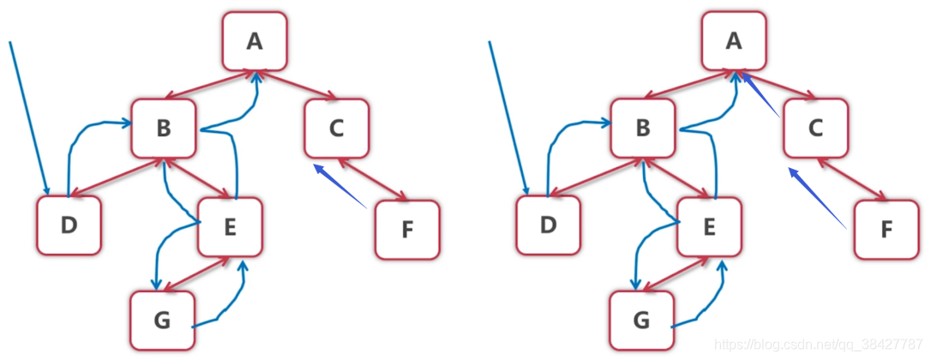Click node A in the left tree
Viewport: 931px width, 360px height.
point(254,41)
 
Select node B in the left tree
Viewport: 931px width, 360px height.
point(164,129)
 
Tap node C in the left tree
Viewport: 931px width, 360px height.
point(336,129)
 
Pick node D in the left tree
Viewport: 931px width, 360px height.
point(69,225)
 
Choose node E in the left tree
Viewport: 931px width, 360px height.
point(229,226)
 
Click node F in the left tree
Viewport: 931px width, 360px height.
point(406,230)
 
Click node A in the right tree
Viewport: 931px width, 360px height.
point(733,41)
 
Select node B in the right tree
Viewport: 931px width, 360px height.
point(643,129)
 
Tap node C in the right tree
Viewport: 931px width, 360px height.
point(815,129)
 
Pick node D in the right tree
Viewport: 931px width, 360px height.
point(548,225)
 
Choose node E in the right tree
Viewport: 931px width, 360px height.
point(708,226)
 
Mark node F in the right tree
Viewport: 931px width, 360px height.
point(886,230)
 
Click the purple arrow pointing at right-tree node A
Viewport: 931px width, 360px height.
point(761,95)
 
